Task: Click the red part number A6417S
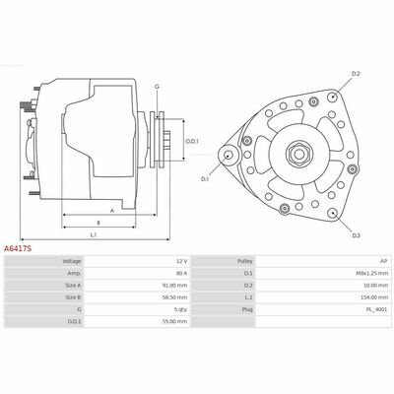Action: coord(18,249)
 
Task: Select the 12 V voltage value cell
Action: coord(181,261)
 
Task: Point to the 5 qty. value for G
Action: coord(181,309)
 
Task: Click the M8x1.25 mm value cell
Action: coord(373,273)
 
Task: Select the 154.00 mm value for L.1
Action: coord(374,297)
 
